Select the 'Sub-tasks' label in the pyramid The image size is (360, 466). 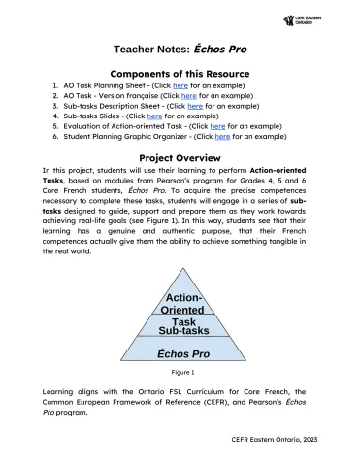tap(183, 331)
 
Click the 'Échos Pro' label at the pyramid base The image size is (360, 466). tap(183, 354)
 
